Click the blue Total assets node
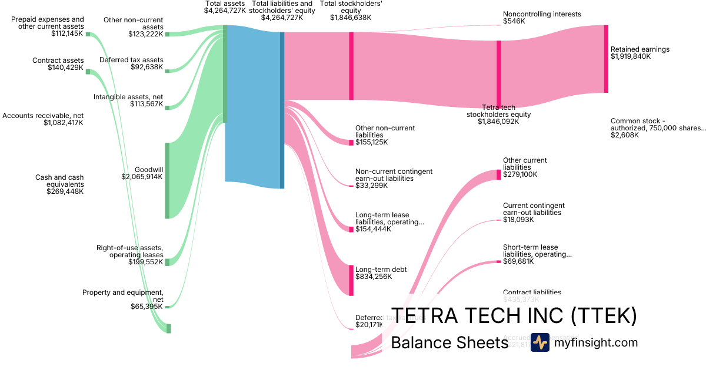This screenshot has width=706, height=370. pos(253,106)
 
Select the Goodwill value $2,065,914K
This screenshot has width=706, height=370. pos(142,176)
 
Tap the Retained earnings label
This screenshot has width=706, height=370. pos(640,49)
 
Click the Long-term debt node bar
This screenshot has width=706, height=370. pos(351,280)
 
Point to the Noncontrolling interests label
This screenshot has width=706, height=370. pos(542,14)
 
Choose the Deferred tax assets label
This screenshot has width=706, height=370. pos(131,60)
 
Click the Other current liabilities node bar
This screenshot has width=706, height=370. pos(499,174)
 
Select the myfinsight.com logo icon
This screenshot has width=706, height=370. pos(540,342)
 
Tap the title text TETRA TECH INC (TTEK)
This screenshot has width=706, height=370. pos(514,317)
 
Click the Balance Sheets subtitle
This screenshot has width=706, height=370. pos(449,343)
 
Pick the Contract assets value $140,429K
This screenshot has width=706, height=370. pos(66,68)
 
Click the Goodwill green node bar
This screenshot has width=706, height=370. pos(167,180)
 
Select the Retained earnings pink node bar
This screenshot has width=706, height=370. pos(606,59)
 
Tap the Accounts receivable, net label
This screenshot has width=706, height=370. pos(43,116)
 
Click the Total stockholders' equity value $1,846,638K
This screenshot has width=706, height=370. pos(351,18)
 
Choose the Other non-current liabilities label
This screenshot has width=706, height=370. pos(385,131)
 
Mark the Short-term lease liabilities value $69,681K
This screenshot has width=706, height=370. pos(518,261)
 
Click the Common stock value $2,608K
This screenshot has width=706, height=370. pos(624,135)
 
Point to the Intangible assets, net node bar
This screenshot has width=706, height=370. pos(167,107)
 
